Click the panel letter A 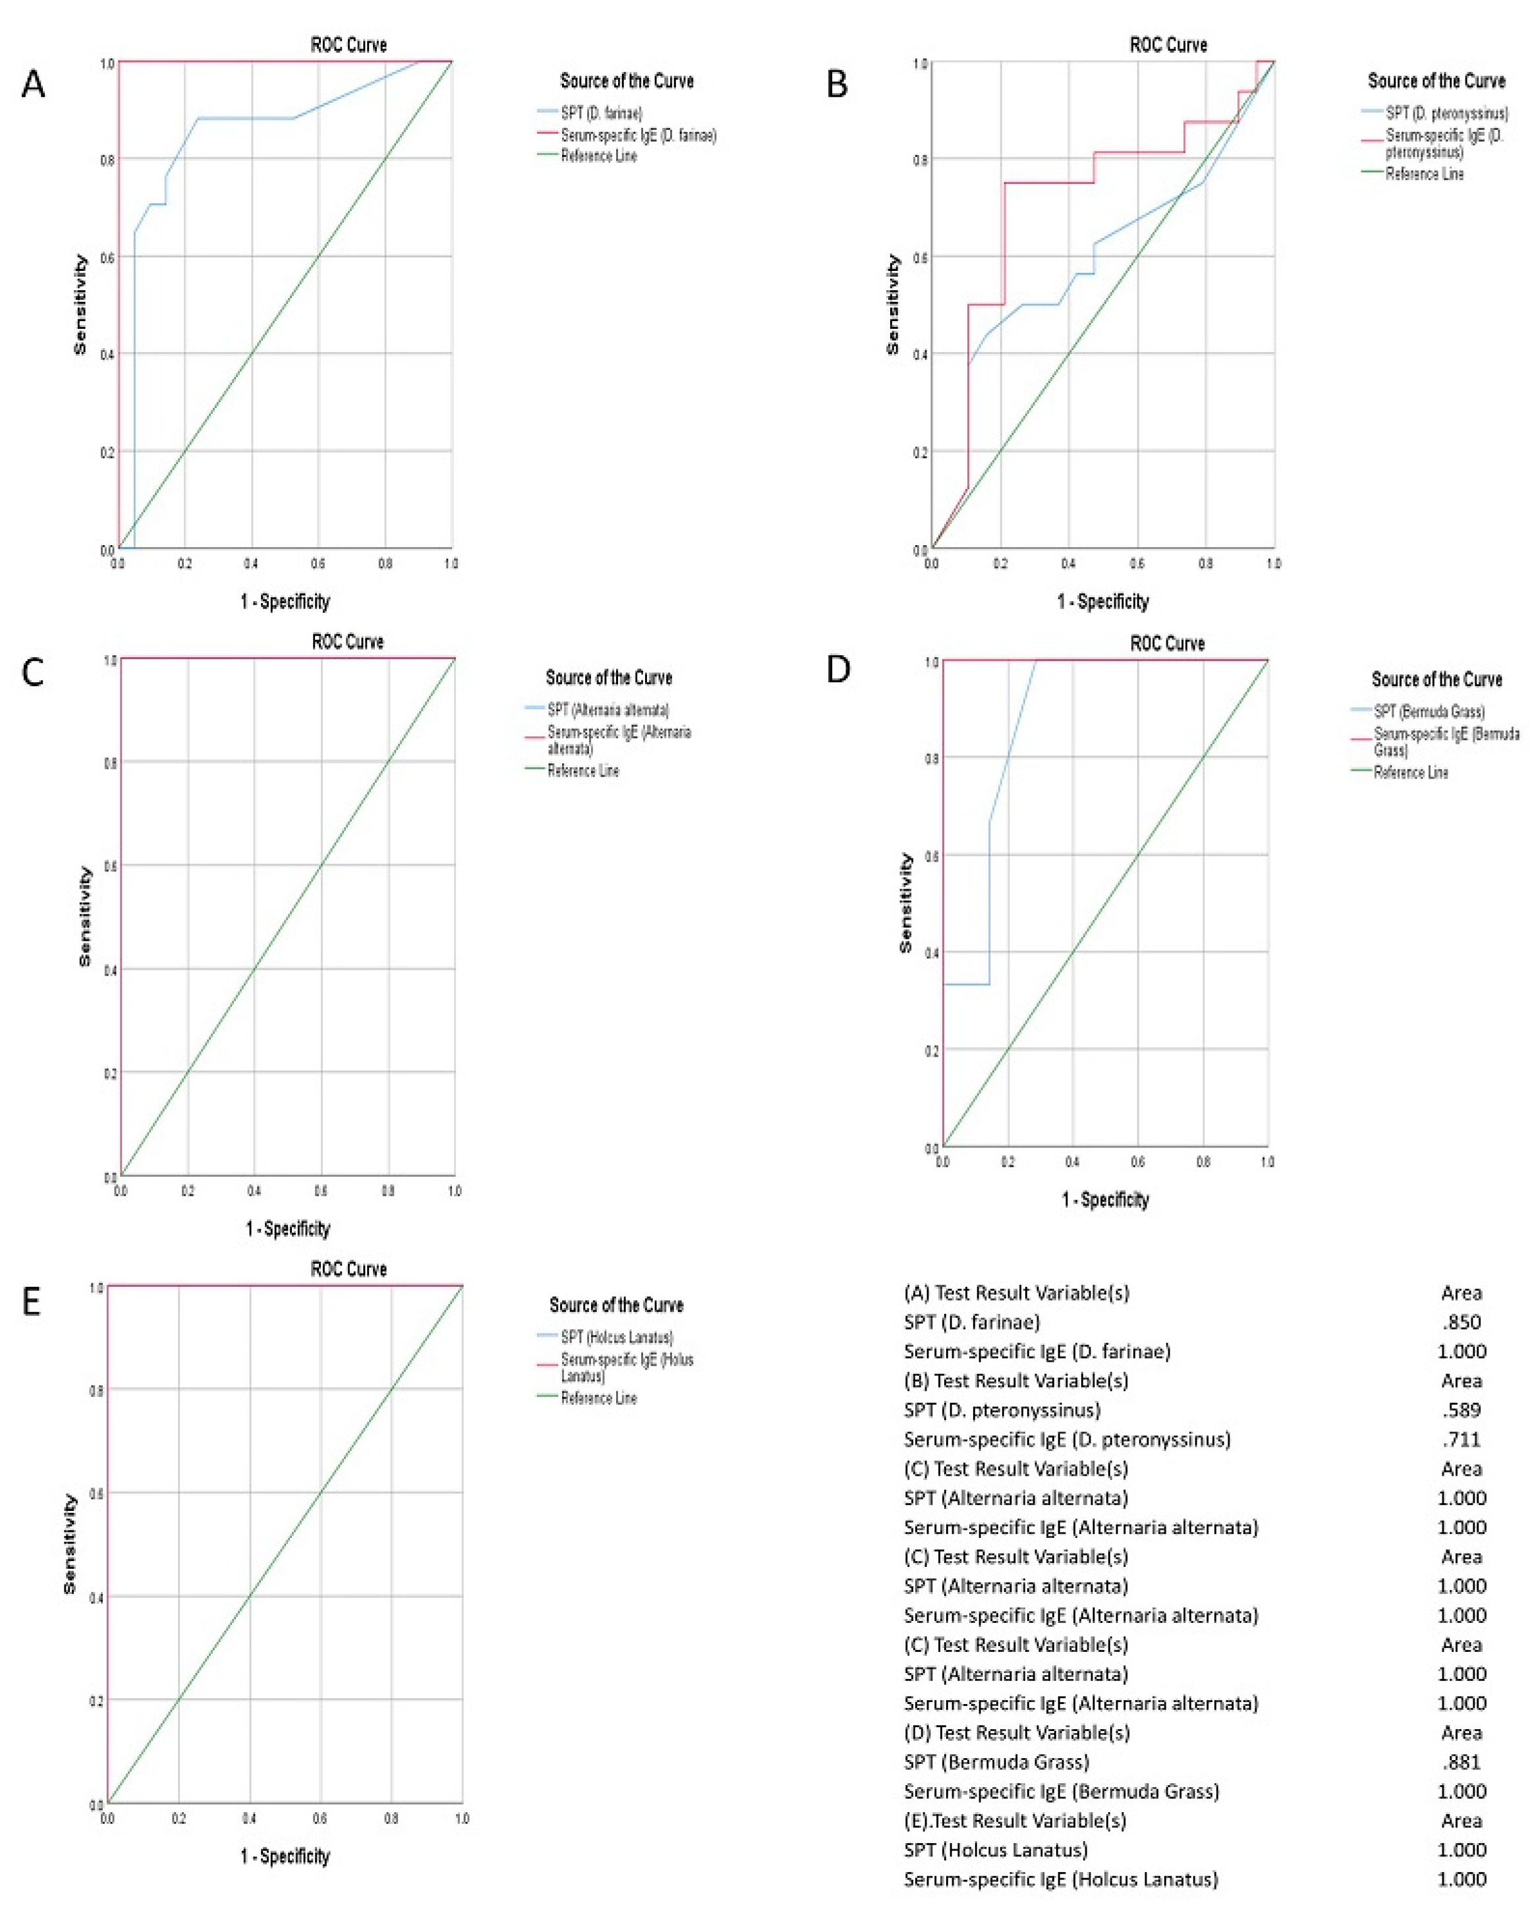point(33,85)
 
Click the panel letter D point(837,670)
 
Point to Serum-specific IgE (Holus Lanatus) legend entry point(626,1367)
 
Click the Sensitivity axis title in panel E point(70,1544)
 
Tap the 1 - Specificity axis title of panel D point(1104,1200)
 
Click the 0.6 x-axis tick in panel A point(318,564)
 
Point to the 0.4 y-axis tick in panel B point(920,355)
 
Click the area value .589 point(1461,1410)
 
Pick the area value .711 point(1461,1439)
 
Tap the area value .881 point(1461,1761)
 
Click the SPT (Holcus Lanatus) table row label point(995,1849)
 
